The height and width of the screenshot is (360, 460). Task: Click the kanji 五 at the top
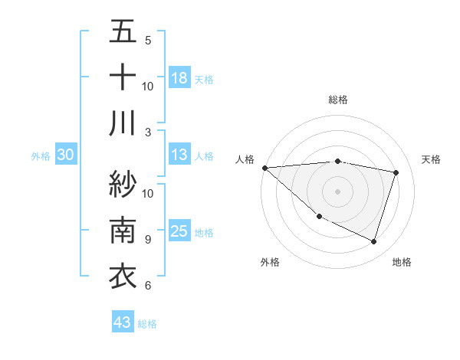tap(123, 32)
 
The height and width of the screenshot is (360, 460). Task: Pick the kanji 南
tap(123, 230)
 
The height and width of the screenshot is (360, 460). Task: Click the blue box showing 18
tap(179, 77)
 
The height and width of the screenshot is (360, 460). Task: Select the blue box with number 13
tap(179, 155)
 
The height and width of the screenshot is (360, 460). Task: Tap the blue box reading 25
tap(179, 231)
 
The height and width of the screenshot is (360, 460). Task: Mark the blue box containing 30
tap(65, 155)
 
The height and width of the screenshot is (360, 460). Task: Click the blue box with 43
tap(123, 322)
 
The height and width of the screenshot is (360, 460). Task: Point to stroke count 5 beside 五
tap(147, 40)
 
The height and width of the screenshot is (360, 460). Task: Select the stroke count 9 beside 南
tap(147, 240)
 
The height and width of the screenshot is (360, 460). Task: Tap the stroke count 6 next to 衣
tap(147, 286)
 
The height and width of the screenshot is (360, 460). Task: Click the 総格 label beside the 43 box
tap(147, 324)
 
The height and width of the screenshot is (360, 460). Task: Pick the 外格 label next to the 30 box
tap(41, 156)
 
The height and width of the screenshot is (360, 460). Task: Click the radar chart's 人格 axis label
tap(245, 159)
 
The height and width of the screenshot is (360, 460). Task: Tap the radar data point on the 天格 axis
tap(396, 172)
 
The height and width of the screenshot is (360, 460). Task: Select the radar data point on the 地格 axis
tap(374, 242)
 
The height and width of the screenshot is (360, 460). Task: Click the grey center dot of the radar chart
tap(337, 191)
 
